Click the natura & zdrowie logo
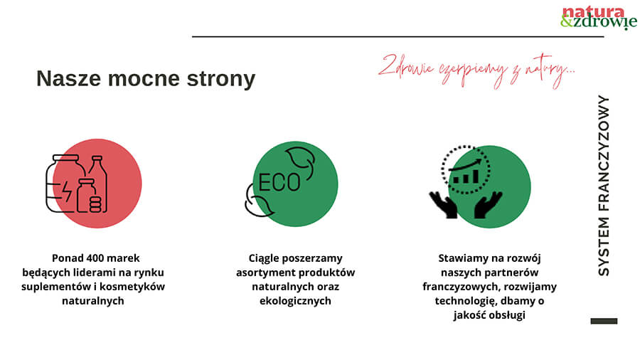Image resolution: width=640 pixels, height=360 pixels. [x=598, y=18]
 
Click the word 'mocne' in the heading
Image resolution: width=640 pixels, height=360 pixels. [x=144, y=78]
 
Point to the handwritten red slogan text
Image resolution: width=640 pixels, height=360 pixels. [x=476, y=71]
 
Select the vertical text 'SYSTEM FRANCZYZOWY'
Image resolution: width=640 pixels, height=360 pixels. [x=604, y=186]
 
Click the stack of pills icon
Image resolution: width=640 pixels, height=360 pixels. [x=95, y=204]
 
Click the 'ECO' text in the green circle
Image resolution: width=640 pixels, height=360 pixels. [x=279, y=182]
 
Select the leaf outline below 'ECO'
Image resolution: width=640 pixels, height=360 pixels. [x=257, y=201]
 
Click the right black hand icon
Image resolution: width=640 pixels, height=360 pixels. [x=488, y=204]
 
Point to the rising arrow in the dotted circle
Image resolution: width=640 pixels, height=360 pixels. [x=465, y=164]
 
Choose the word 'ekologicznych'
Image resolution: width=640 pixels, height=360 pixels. [x=295, y=301]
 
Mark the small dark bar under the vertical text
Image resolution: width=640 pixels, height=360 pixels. [x=604, y=321]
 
